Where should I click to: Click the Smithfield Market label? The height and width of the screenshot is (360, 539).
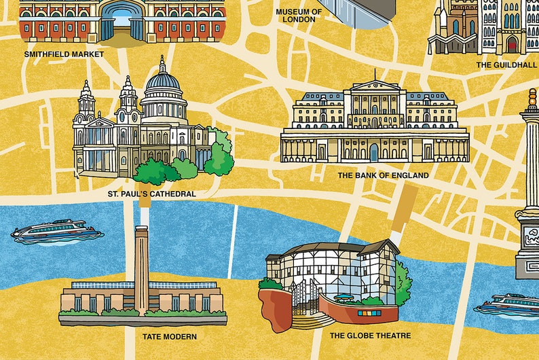click(x=64, y=54)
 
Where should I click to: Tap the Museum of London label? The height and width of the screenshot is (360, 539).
click(x=299, y=16)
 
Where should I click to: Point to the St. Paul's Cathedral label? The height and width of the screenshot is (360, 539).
click(x=151, y=194)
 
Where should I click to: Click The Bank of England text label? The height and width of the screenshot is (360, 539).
click(x=383, y=175)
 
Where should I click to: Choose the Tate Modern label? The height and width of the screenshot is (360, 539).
click(x=170, y=336)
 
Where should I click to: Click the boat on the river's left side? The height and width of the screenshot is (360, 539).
click(x=56, y=232)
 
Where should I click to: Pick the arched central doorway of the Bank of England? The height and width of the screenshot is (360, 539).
click(x=374, y=152)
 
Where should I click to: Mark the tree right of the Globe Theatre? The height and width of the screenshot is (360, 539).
click(x=403, y=281)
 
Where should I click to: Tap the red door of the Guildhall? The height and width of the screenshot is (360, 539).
click(x=512, y=44)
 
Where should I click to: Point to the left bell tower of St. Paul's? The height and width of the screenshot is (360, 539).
click(x=87, y=102)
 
